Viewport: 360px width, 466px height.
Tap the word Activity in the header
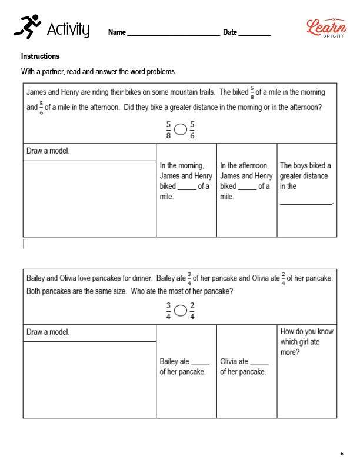68,29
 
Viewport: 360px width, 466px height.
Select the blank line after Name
173,34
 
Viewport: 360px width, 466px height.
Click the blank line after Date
255,34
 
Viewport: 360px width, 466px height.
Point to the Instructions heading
41,56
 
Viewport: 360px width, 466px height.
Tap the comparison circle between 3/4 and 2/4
181,310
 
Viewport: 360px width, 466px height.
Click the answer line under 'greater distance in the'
306,202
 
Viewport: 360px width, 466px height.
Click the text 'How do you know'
306,331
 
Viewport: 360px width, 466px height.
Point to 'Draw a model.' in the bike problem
48,151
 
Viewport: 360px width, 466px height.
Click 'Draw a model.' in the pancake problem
48,332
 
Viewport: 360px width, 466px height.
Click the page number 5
342,454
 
